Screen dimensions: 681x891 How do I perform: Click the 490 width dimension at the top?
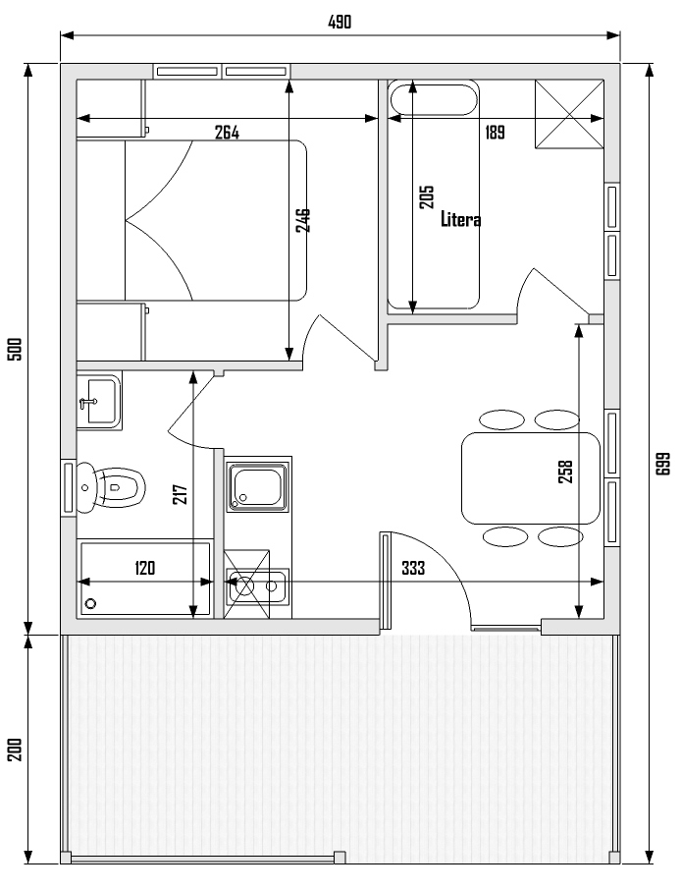[340, 23]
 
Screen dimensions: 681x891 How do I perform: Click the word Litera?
[461, 219]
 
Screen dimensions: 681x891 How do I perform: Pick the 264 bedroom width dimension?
[227, 133]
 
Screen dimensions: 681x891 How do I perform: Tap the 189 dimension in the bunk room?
[495, 133]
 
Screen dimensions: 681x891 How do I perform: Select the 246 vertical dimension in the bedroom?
[303, 220]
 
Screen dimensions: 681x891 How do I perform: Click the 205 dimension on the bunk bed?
[426, 197]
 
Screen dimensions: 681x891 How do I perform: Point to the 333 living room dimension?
[413, 568]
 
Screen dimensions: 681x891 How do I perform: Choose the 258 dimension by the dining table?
[566, 472]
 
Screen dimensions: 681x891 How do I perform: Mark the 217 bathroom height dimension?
[179, 494]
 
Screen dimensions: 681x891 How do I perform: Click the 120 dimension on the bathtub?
[144, 568]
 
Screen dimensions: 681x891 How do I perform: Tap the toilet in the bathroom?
[111, 488]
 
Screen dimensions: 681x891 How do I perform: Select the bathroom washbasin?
[99, 401]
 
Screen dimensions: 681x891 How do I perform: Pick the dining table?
[531, 478]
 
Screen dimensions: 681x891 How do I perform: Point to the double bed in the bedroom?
[216, 220]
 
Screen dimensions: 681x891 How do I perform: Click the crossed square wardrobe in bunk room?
[569, 115]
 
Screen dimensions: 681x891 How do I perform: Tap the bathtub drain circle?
[90, 603]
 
